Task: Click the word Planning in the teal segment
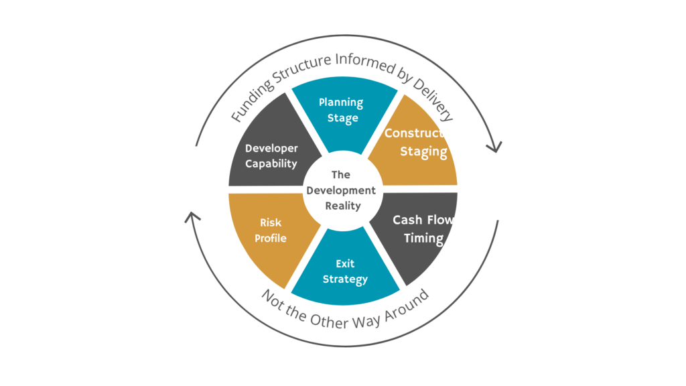(x=341, y=103)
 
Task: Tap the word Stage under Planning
(x=342, y=119)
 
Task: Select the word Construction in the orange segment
(x=423, y=133)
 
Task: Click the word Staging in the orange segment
(x=423, y=151)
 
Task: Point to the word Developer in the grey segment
(x=271, y=148)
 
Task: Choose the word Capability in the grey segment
(x=271, y=164)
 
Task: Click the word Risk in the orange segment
(x=271, y=222)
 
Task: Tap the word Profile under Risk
(x=271, y=238)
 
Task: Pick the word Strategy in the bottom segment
(x=345, y=279)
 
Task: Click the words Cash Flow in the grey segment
(x=423, y=220)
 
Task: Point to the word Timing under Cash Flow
(x=423, y=238)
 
